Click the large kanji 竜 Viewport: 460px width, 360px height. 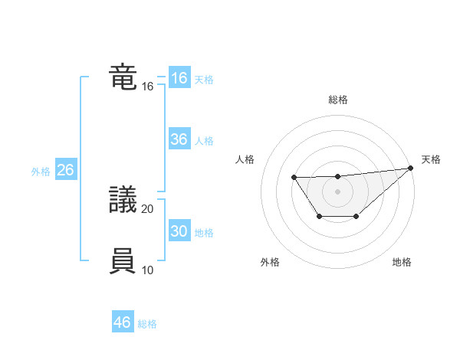[123, 78]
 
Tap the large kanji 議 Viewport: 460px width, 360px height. [123, 201]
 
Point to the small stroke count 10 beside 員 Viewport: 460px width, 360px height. [148, 270]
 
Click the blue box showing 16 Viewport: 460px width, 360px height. [179, 78]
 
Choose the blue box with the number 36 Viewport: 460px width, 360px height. [179, 139]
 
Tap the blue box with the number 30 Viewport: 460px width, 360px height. [179, 231]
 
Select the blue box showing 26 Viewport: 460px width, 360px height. [65, 170]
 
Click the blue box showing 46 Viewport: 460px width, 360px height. [122, 322]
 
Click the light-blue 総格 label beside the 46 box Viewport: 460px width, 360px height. [147, 324]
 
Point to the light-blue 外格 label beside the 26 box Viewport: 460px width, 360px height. [41, 172]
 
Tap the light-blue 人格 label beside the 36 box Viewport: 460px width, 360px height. [204, 141]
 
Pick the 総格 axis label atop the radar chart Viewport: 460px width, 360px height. [337, 100]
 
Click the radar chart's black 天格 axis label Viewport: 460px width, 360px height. [431, 159]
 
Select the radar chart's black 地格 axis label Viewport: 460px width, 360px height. [402, 262]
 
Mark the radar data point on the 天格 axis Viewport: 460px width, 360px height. [411, 168]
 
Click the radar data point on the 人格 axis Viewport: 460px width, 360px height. [294, 178]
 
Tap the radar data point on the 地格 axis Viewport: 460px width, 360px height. [356, 217]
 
